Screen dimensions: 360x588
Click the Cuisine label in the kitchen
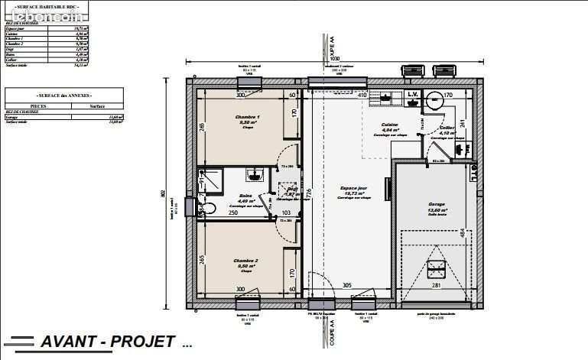pos(389,126)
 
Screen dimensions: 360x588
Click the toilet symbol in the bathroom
pos(208,208)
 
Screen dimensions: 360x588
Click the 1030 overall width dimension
pos(333,58)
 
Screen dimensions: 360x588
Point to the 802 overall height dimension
pos(163,194)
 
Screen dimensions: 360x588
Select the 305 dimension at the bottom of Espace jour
pos(346,286)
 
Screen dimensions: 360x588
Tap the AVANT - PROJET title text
pos(108,342)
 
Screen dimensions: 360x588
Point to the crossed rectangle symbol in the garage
pos(437,268)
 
